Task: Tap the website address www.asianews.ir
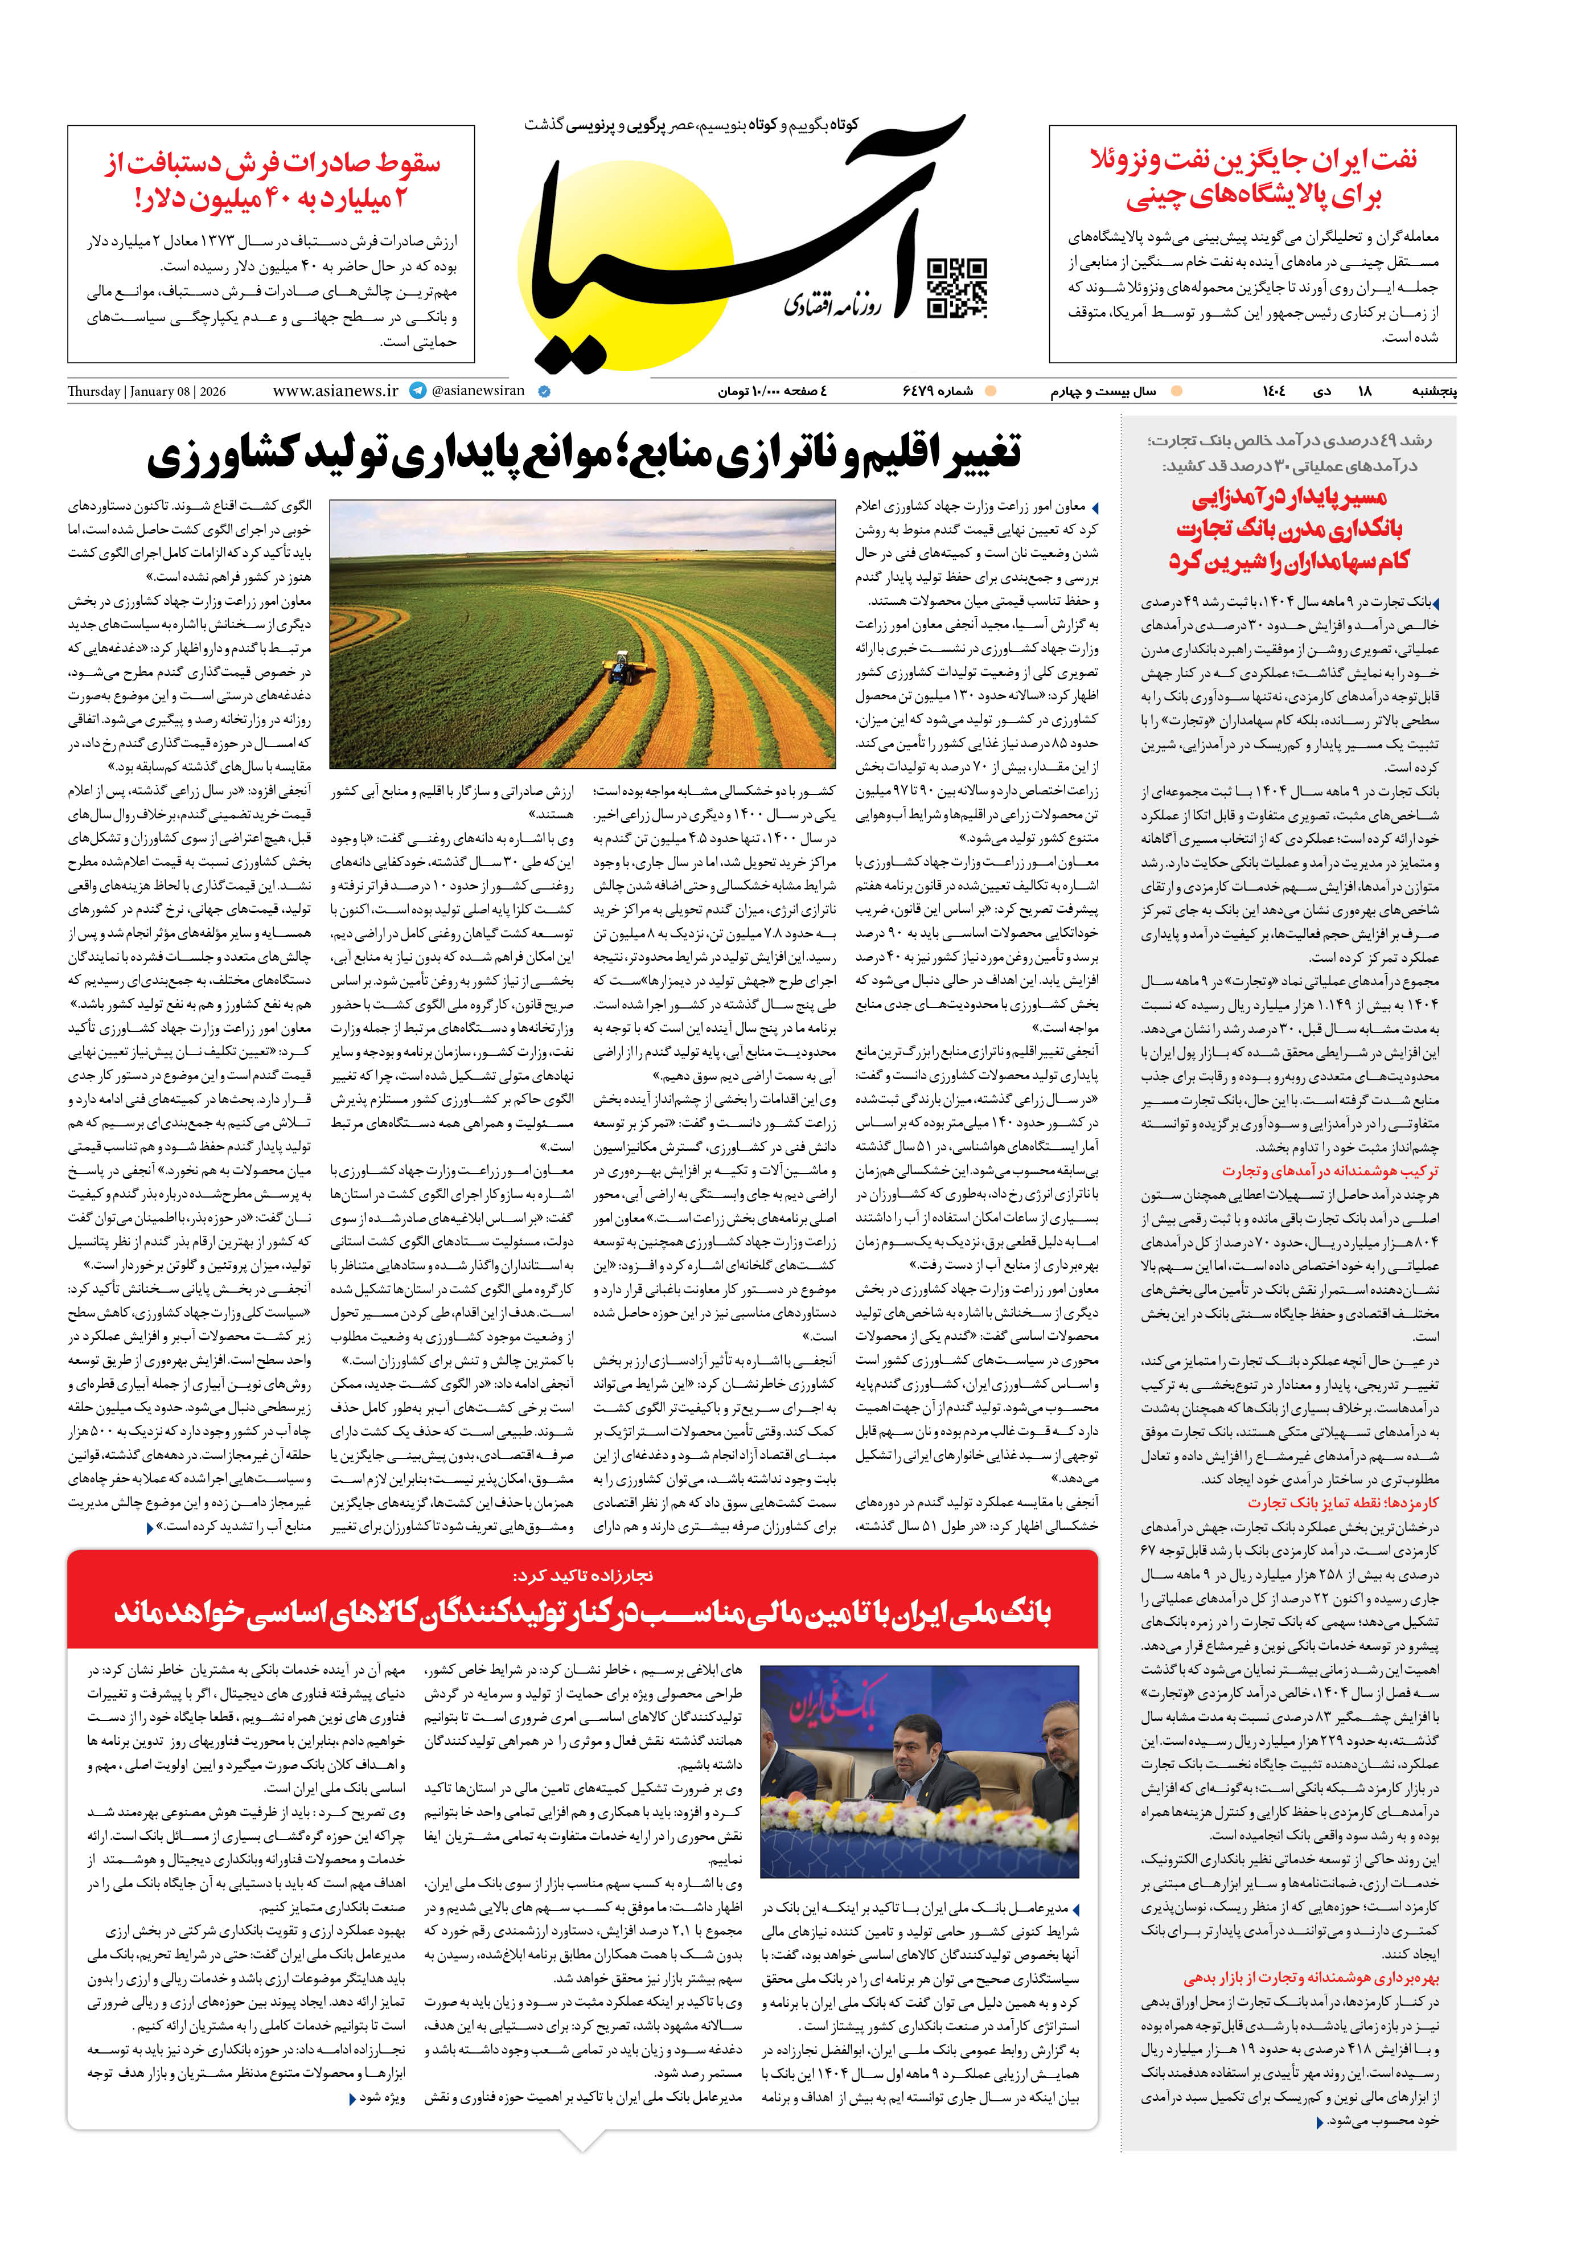335,391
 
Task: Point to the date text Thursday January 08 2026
146,392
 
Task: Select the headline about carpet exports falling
272,180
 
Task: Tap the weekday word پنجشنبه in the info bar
1434,392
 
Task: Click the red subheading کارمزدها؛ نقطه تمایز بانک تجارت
1342,1503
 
